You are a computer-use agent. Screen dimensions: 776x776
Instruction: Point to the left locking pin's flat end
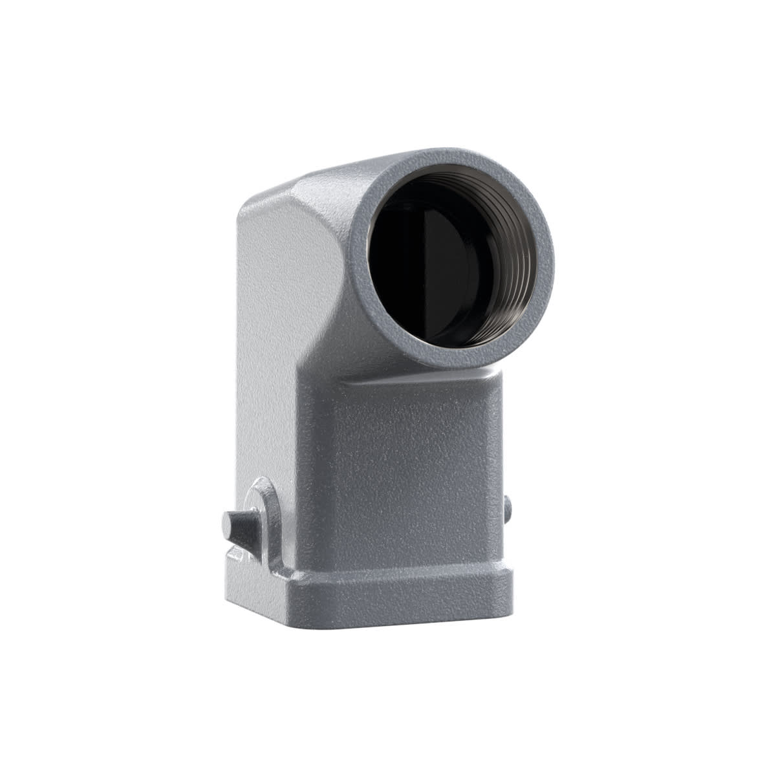coord(228,521)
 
